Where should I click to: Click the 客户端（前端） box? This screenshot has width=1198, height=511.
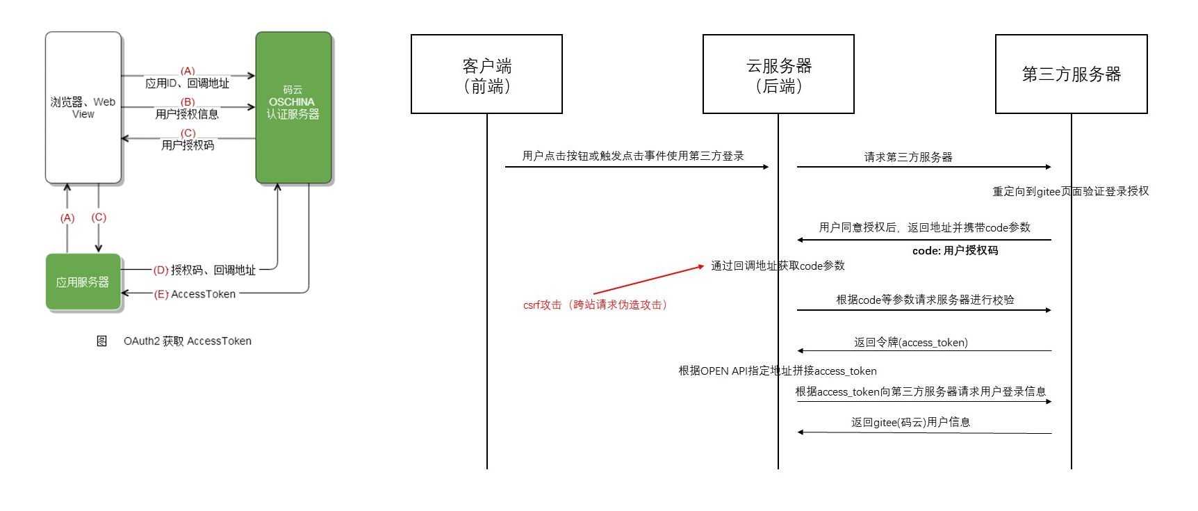coord(486,74)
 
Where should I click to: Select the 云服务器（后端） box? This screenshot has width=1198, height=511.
coord(778,74)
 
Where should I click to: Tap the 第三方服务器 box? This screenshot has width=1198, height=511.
coord(1071,74)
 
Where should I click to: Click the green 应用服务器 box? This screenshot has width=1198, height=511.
coord(83,282)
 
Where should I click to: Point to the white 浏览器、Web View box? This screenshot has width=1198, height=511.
coord(83,108)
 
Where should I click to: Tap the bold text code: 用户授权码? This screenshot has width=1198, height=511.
coord(955,250)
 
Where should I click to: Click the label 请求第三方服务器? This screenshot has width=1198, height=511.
coord(908,157)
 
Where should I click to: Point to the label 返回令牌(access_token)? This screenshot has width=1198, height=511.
coord(910,342)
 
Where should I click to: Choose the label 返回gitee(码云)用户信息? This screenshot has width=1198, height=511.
coord(910,422)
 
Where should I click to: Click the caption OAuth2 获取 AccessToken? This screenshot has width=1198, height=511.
coord(187,341)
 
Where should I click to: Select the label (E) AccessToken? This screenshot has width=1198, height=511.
coord(195,294)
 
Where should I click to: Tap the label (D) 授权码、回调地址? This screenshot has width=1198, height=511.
coord(205,270)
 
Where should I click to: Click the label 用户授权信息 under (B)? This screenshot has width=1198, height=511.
coord(187,114)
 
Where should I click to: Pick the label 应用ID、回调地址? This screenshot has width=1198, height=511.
coord(187,83)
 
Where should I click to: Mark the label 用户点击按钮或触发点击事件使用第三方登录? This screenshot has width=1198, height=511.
coord(633,156)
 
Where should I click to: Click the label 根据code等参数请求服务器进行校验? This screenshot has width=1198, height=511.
coord(925,300)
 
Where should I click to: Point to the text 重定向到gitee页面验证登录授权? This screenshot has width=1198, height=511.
coord(1070,191)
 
